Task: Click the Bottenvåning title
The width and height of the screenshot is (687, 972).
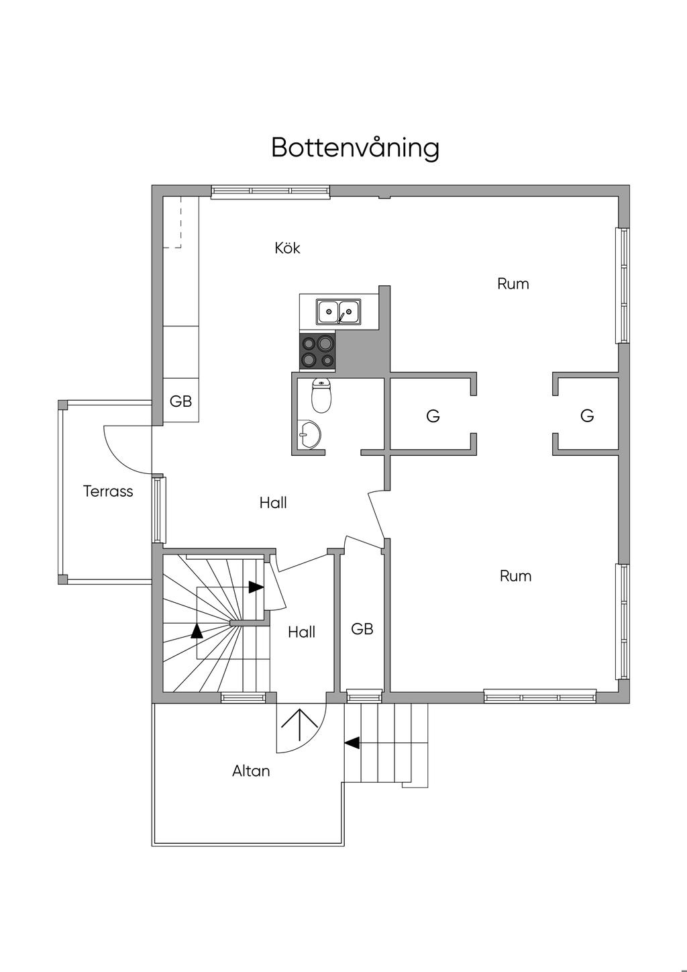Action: [355, 148]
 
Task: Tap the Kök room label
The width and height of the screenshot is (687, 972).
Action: [287, 248]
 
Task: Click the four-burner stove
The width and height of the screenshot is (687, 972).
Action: [317, 352]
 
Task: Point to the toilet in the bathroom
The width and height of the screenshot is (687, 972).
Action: [321, 396]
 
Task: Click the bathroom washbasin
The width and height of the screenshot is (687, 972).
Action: [309, 436]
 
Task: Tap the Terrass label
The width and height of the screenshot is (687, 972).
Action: [108, 491]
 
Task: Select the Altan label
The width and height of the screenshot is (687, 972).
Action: [251, 771]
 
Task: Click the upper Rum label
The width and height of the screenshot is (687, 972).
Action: [513, 284]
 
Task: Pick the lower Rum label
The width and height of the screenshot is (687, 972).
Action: [515, 576]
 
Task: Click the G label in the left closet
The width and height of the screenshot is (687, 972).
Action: [433, 416]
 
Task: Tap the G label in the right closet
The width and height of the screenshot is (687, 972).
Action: [587, 416]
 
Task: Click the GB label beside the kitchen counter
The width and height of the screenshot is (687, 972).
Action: [180, 401]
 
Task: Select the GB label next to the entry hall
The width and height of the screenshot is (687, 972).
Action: [362, 629]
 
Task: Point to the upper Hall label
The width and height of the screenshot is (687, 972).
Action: [273, 503]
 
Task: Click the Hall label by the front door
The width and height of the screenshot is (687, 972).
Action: [301, 632]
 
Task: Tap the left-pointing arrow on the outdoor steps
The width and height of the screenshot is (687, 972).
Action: [352, 743]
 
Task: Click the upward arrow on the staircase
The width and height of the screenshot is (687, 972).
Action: [197, 630]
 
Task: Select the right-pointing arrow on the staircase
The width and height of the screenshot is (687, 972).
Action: [256, 587]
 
